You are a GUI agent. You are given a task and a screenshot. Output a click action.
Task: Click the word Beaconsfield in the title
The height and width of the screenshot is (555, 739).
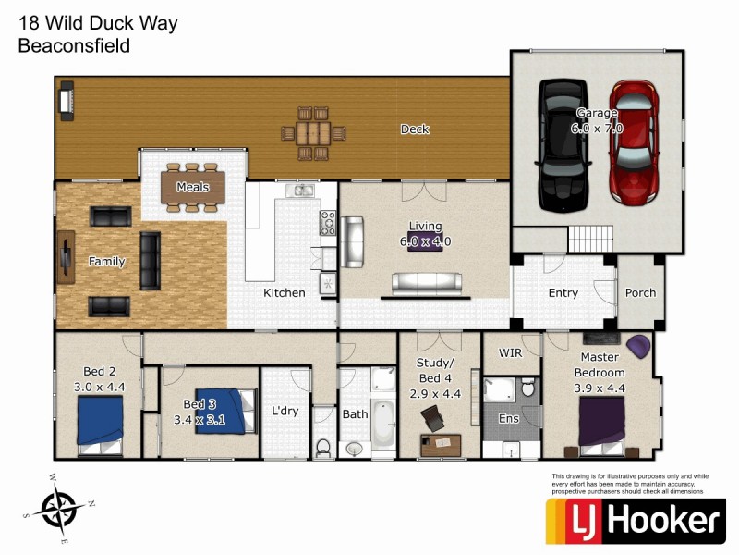[x=74, y=45]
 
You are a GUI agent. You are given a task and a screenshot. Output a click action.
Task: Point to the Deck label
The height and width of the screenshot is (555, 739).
[x=415, y=129]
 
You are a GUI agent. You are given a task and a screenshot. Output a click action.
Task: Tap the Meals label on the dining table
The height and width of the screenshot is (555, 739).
[x=193, y=187]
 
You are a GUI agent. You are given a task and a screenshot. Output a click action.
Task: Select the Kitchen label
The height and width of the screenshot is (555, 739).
[x=285, y=293]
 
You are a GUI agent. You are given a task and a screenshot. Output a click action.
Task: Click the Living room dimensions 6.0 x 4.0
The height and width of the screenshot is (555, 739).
[x=426, y=241]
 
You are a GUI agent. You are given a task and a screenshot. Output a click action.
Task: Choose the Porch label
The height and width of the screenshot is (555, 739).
[x=640, y=293]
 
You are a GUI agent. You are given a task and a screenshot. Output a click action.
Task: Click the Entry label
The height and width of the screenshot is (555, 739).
[x=563, y=293]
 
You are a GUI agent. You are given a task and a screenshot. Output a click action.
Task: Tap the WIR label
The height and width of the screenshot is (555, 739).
[x=511, y=353]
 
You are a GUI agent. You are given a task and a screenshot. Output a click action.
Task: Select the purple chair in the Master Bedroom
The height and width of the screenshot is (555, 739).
[x=638, y=347]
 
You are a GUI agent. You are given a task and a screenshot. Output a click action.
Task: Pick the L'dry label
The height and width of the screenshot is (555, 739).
[x=285, y=411]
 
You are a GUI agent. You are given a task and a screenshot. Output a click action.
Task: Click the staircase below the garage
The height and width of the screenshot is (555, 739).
[x=591, y=240]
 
